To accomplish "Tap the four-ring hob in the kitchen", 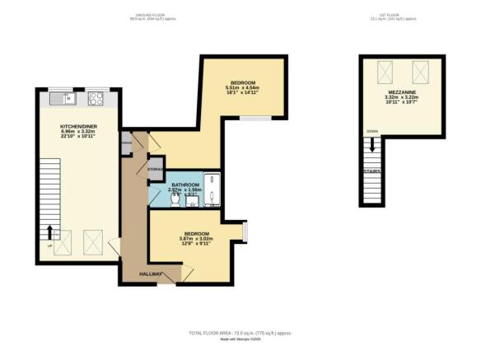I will [x=96, y=99].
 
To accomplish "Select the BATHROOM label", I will [x=185, y=185].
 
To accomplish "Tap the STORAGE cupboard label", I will [x=156, y=169].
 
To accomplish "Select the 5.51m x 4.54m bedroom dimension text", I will [x=244, y=88].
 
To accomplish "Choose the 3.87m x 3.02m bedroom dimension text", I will [x=195, y=239].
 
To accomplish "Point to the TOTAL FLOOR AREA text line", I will [x=240, y=333].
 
